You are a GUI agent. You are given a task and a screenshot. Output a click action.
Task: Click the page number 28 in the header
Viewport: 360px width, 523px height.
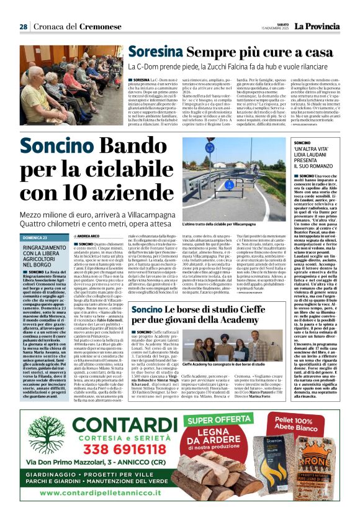tap(24, 27)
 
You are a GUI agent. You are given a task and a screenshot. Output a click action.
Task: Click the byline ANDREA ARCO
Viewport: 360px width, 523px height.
tap(89, 237)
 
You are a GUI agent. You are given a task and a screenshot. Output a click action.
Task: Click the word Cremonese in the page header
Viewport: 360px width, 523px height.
tap(95, 27)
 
